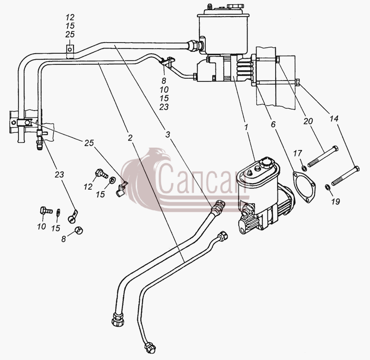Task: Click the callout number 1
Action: pyautogui.click(x=246, y=127)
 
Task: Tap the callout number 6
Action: pyautogui.click(x=273, y=124)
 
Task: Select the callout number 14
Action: pyautogui.click(x=334, y=118)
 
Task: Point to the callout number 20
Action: pyautogui.click(x=308, y=121)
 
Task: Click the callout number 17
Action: pyautogui.click(x=297, y=154)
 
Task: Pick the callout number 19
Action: pyautogui.click(x=335, y=201)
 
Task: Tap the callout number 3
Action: pyautogui.click(x=167, y=135)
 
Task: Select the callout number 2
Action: pyautogui.click(x=130, y=137)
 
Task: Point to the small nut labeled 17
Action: pyautogui.click(x=304, y=168)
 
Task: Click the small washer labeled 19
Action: pyautogui.click(x=327, y=187)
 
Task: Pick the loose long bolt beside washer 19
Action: pyautogui.click(x=345, y=176)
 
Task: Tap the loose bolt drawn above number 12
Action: pyautogui.click(x=101, y=174)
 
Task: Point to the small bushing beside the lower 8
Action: pyautogui.click(x=79, y=230)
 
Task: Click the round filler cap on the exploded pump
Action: pyautogui.click(x=265, y=163)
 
